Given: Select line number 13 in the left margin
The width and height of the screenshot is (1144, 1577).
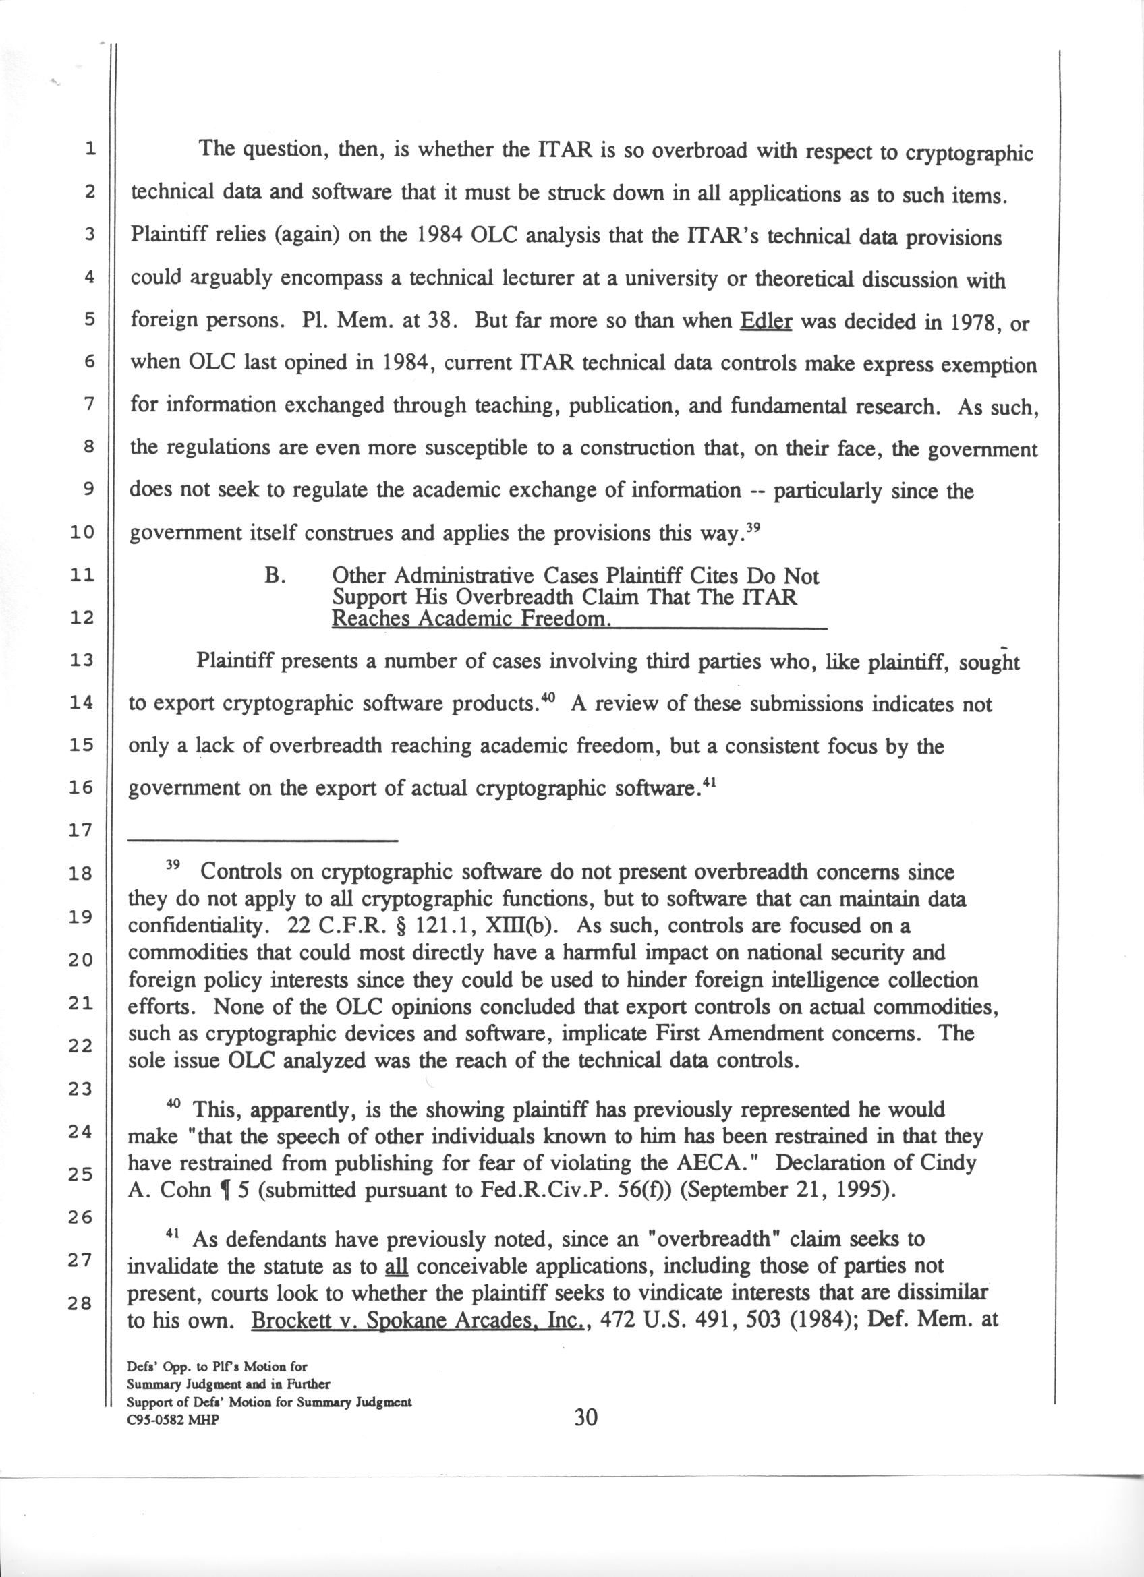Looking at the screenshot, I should point(82,660).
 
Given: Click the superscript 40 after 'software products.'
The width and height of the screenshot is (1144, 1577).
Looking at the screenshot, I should point(548,698).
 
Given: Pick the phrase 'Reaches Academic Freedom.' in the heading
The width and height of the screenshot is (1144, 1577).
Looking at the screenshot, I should point(471,619).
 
